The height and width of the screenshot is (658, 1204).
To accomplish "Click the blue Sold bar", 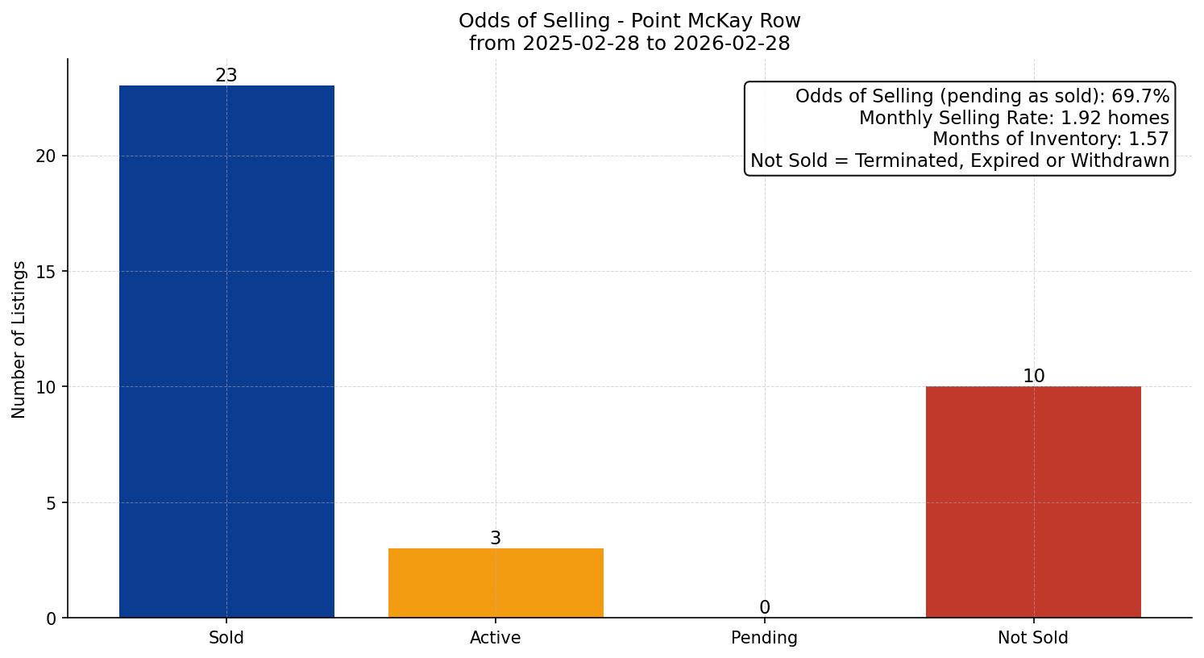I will [x=226, y=352].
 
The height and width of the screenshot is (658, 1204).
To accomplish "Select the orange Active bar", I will [x=496, y=583].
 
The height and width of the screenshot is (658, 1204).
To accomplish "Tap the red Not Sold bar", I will [x=1033, y=502].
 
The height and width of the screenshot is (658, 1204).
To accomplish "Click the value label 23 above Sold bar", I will [x=226, y=76].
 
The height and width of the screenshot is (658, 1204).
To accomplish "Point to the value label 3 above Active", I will [x=496, y=539].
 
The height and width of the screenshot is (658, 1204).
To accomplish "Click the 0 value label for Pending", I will [x=764, y=608].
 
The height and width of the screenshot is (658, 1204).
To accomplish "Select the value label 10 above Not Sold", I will [x=1033, y=377].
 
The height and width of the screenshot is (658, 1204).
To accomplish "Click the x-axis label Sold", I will [x=226, y=638].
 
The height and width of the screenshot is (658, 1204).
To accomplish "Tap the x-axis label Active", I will [x=496, y=638].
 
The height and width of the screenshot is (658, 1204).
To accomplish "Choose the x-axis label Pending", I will [x=764, y=638].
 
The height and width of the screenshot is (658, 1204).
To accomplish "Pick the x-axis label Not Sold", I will [x=1033, y=638].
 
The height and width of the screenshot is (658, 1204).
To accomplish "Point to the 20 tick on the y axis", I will [x=46, y=156].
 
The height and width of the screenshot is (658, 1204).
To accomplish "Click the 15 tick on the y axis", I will [x=46, y=272].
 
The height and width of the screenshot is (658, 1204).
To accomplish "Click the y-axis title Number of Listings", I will [x=19, y=339].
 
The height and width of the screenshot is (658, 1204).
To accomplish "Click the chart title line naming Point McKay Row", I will [x=629, y=21].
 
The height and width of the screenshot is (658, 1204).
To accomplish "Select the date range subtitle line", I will [x=629, y=44].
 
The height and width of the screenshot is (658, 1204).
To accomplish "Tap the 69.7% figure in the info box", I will [x=1140, y=97].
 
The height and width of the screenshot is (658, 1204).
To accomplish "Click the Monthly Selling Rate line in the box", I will [x=1013, y=118].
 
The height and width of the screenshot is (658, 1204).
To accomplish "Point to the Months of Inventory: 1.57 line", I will [x=1050, y=139].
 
